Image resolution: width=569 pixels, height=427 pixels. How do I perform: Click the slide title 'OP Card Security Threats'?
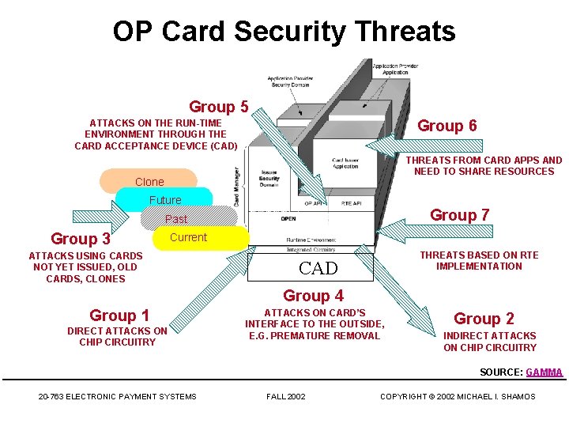point(284,32)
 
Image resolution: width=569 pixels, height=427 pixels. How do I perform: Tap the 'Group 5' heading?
point(219,107)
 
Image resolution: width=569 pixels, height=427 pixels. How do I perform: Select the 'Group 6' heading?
point(447,126)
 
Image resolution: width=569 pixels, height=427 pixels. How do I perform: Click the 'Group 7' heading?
point(459,215)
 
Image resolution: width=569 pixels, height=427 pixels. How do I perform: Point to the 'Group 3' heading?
point(80,239)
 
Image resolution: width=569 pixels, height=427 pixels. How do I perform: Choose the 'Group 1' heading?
point(119,316)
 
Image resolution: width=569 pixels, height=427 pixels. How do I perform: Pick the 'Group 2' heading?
point(484,319)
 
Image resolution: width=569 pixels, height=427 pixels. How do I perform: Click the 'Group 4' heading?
point(313,296)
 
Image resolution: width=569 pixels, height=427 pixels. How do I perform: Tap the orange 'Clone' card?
point(149,181)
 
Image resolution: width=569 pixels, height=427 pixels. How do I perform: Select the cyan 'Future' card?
point(164,200)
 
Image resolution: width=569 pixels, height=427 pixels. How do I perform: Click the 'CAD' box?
point(318,268)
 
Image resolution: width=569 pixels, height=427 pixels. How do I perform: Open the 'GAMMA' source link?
point(544,372)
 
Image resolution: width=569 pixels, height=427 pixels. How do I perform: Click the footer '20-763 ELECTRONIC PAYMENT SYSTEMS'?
point(117,396)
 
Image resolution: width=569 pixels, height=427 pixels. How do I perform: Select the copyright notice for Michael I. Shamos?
point(458,396)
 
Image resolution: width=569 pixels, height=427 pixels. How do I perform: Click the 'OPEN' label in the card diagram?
point(288,219)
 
